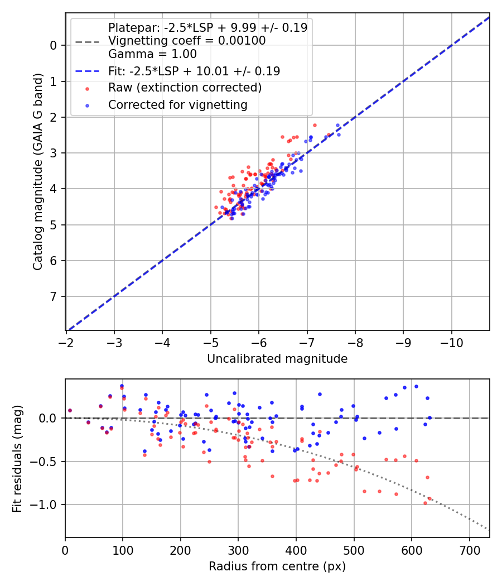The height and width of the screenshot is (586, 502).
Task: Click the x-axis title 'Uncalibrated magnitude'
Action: coord(277,359)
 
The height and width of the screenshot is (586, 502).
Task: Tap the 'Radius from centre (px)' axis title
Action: coord(277,566)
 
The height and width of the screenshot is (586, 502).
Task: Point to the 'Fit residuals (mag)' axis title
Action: coord(17,459)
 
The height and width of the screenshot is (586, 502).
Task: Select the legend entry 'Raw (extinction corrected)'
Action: coord(185,88)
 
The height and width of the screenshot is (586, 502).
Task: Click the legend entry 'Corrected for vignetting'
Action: coord(177,105)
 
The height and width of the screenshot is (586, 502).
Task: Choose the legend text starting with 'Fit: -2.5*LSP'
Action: coord(194,71)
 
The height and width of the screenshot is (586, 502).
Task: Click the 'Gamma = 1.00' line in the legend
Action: coord(152,54)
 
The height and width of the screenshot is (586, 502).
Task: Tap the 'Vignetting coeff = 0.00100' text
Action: coord(187,41)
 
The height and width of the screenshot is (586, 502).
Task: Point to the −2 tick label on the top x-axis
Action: coord(66,342)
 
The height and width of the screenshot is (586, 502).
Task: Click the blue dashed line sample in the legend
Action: coord(87,71)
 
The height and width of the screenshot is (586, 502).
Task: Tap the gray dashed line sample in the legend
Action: coord(87,41)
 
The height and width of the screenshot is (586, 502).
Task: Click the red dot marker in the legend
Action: coord(88,88)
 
